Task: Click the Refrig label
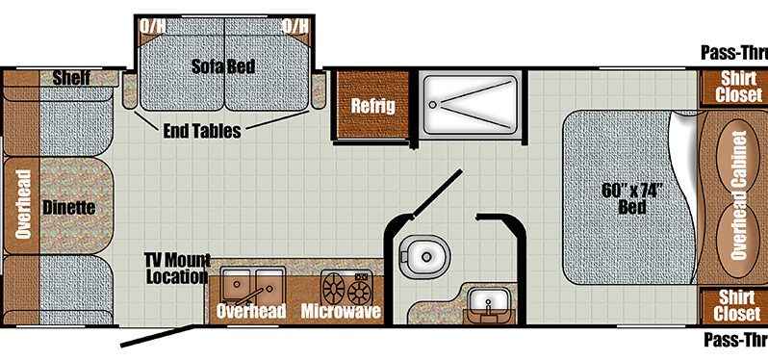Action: coord(372,106)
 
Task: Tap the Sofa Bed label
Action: coord(223,66)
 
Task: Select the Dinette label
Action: coord(68,208)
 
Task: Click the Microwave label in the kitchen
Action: coord(341,311)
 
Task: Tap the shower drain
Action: coord(431,104)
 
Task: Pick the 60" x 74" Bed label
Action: coord(632,198)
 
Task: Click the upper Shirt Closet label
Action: coord(738,87)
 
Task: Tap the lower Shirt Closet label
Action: coord(736,306)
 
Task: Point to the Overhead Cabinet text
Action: coord(738,195)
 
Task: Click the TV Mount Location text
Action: coord(177,269)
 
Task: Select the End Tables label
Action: coord(202,131)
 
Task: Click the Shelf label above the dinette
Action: coord(71,78)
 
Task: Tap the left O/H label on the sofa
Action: coord(153,26)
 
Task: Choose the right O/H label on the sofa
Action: coord(295,26)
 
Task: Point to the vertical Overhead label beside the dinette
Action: coord(23,204)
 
